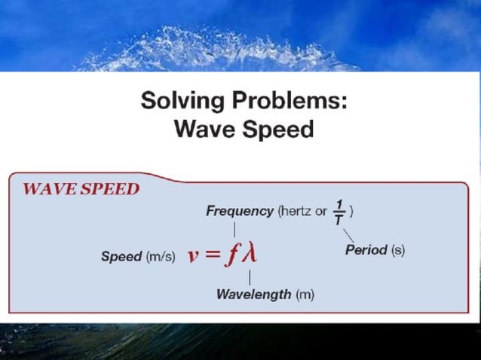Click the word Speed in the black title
click(277, 130)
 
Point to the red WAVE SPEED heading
click(81, 188)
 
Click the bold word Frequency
click(239, 211)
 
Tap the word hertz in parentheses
click(296, 211)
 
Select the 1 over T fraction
click(340, 211)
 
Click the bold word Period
click(366, 250)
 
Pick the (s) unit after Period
click(397, 250)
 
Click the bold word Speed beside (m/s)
click(121, 256)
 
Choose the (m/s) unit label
click(161, 256)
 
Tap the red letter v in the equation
click(194, 255)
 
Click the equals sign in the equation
click(213, 255)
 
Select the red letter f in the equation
click(233, 255)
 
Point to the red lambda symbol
click(249, 255)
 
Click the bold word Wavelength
click(253, 294)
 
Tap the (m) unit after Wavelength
click(305, 294)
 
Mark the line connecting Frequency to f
click(234, 229)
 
